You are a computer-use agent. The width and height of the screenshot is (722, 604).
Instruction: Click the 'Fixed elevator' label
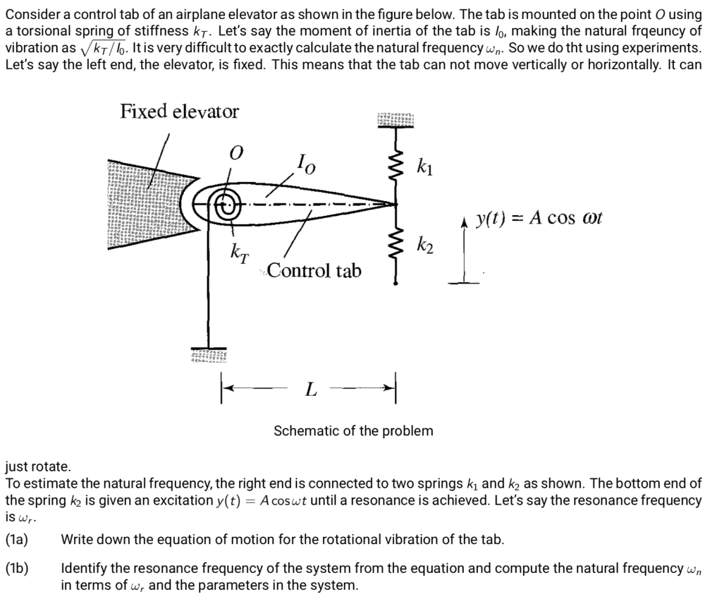(180, 111)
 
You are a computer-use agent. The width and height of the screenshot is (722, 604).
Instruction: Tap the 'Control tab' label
(314, 270)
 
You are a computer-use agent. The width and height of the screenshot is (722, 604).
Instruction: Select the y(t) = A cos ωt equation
(538, 217)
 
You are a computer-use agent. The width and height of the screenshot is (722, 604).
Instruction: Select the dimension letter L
(311, 390)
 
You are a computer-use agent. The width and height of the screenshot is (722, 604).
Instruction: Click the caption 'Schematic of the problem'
(353, 430)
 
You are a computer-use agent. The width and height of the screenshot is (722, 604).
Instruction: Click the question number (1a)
(17, 540)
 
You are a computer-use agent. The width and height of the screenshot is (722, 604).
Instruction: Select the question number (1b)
(17, 569)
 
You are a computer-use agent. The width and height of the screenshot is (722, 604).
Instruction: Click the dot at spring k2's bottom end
(395, 284)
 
